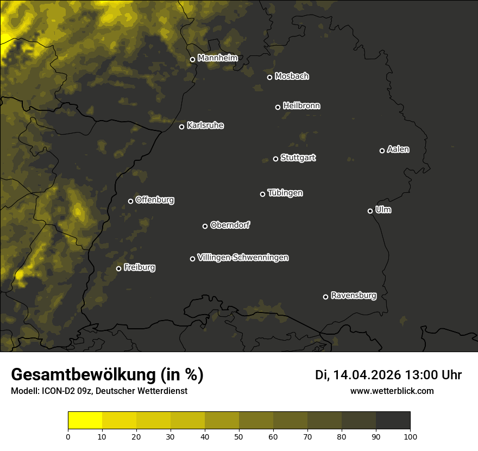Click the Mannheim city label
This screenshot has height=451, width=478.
(x=218, y=58)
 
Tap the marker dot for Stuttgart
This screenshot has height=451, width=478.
(x=275, y=159)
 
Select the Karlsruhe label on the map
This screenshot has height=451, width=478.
(x=205, y=126)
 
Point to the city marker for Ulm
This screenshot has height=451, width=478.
(x=370, y=211)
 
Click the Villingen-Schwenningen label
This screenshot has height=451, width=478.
(x=243, y=258)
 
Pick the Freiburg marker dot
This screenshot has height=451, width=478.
(x=118, y=268)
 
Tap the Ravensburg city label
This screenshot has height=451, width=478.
(x=354, y=296)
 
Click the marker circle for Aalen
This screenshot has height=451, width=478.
(x=382, y=151)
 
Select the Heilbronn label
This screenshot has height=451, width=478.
(x=301, y=106)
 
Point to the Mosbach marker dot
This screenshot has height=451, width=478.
(x=269, y=77)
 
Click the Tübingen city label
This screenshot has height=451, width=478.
(x=285, y=193)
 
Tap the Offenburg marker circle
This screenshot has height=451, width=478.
(x=130, y=201)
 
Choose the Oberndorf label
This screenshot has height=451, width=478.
(x=230, y=225)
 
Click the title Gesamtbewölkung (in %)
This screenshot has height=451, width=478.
(x=107, y=374)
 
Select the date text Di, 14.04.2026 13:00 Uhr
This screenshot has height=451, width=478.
(x=388, y=375)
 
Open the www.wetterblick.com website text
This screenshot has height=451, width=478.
(x=392, y=391)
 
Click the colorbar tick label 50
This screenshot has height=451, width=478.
(x=239, y=436)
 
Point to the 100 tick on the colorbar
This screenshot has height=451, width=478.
(x=410, y=436)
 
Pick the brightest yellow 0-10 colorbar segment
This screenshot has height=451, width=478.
(x=85, y=421)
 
